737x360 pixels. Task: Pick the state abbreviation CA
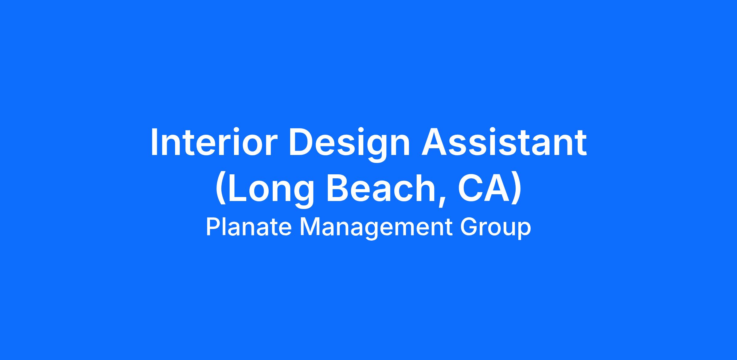click(485, 188)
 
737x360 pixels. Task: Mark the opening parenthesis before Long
click(221, 189)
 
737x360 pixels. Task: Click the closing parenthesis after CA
click(517, 189)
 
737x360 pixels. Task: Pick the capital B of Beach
click(338, 188)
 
